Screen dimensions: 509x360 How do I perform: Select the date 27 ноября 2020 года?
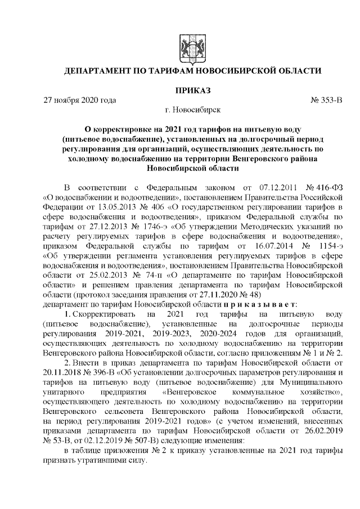(80, 101)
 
